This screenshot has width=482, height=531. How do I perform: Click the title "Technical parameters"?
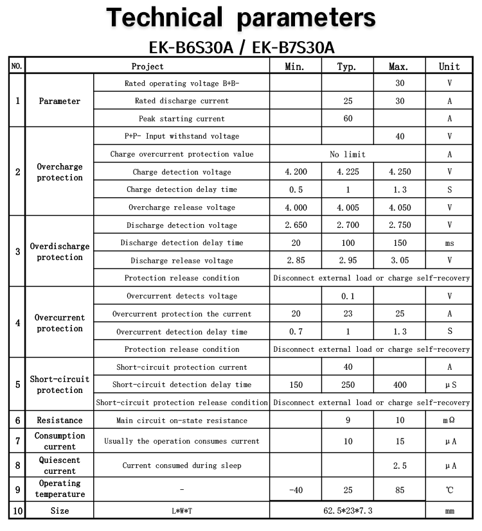(241, 17)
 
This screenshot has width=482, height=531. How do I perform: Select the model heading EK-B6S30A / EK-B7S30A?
(241, 48)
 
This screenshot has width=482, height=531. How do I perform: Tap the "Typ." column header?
(347, 66)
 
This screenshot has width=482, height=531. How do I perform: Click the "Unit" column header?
(449, 66)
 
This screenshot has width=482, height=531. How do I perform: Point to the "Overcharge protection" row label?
(60, 172)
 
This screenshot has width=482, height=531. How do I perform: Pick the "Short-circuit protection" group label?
(60, 385)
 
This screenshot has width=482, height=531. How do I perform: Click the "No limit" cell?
(348, 154)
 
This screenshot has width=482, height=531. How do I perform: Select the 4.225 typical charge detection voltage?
(348, 172)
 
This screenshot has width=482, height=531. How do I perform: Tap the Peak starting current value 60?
(348, 119)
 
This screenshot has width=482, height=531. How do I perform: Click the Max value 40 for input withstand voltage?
(400, 136)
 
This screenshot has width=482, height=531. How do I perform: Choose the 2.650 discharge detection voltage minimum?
(296, 225)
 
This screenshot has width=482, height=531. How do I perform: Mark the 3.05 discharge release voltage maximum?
(400, 261)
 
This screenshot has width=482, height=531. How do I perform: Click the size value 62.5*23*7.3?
(348, 510)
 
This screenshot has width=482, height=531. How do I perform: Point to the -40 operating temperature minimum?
(296, 490)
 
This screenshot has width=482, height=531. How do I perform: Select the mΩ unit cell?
(449, 421)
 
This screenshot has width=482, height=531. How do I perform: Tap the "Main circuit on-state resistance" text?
(182, 421)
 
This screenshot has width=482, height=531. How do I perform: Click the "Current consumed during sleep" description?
(182, 466)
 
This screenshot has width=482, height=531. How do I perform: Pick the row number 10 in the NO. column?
(17, 510)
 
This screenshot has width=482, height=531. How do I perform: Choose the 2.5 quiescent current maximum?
(400, 466)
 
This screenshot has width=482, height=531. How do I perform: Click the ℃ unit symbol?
(449, 490)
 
